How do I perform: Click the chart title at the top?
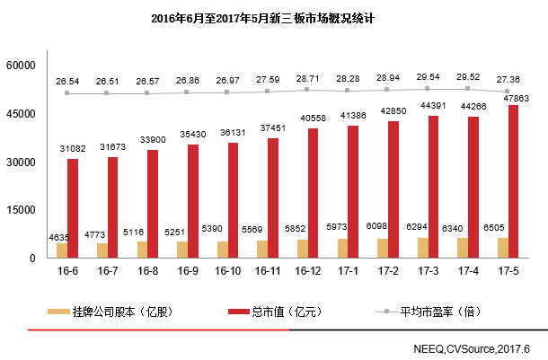(x=273, y=17)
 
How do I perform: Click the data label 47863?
(x=514, y=98)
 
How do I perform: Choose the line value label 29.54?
(x=429, y=77)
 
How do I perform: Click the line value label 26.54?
(x=66, y=81)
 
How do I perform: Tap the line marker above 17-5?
(x=508, y=92)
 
